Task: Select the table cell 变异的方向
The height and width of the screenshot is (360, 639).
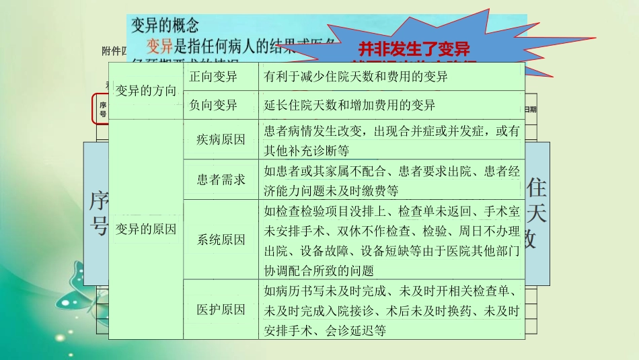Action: [146, 91]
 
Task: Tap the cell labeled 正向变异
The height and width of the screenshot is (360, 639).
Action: [213, 76]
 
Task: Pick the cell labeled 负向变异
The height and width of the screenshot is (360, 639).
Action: [213, 105]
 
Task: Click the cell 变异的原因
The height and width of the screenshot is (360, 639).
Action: [146, 229]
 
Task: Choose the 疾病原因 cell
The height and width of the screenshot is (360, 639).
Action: [221, 140]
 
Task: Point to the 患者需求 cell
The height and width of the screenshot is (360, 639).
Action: [221, 180]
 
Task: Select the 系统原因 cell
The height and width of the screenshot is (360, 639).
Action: [221, 240]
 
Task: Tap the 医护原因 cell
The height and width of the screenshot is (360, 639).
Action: [221, 309]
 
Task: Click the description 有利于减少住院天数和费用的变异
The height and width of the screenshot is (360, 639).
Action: [356, 76]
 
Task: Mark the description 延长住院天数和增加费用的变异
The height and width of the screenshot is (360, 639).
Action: [350, 105]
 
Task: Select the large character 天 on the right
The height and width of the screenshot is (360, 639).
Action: [536, 213]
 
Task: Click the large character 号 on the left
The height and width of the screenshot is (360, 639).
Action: [99, 225]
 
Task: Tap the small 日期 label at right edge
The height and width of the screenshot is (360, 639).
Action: [531, 109]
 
